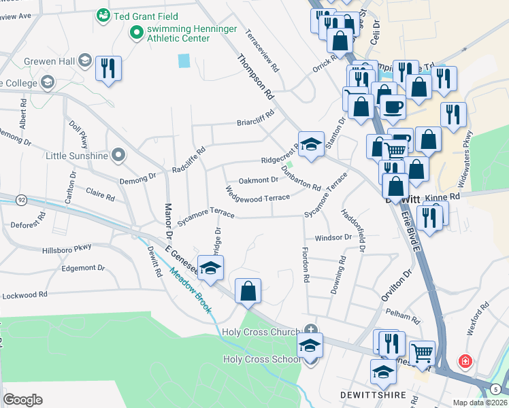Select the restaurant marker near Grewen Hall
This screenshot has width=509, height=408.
[x=108, y=69]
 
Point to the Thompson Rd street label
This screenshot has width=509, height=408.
[x=255, y=77]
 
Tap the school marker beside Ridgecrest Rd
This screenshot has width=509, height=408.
[x=311, y=144]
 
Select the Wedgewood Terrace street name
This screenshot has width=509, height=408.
[x=258, y=197]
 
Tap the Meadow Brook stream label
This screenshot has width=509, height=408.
[x=192, y=293]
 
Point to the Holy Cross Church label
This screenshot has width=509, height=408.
[x=261, y=332]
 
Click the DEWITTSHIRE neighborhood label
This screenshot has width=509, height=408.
[x=368, y=394]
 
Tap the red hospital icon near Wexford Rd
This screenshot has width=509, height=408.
[x=465, y=360]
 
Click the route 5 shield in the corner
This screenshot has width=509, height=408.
[x=496, y=389]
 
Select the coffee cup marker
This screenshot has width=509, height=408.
[x=392, y=107]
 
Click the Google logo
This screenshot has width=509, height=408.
[x=23, y=400]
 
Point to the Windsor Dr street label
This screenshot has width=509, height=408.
[x=333, y=238]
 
